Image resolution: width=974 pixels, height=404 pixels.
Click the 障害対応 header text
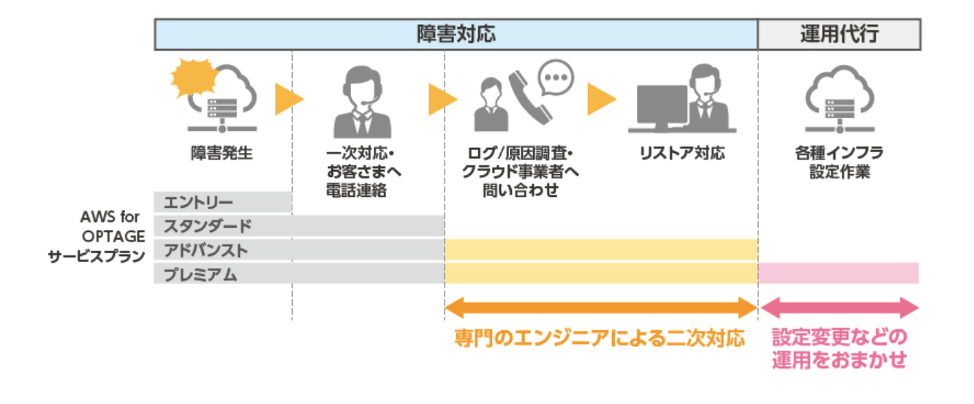click(x=456, y=34)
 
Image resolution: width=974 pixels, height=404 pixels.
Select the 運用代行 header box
click(x=839, y=34)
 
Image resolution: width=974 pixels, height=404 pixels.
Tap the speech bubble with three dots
click(x=556, y=77)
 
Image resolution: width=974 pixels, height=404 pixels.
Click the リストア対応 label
click(x=681, y=154)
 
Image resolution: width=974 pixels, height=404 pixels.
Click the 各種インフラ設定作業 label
click(x=839, y=163)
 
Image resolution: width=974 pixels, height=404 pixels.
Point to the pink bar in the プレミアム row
click(x=839, y=274)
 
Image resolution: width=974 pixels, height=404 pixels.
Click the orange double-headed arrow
click(x=601, y=307)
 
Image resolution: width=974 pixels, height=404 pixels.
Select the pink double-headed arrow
click(x=839, y=307)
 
